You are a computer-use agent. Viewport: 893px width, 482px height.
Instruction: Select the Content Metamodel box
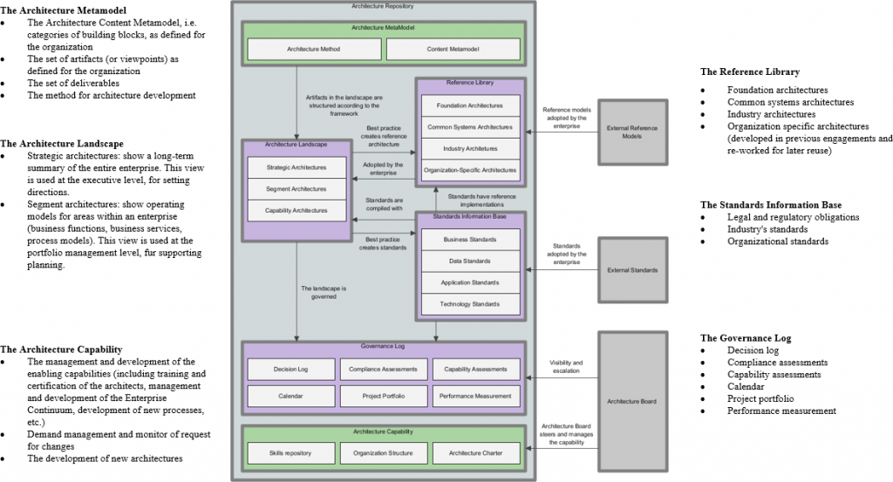(453, 49)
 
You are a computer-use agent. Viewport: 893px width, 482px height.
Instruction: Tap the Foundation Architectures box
(471, 105)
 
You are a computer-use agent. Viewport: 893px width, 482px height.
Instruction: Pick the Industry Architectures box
(471, 148)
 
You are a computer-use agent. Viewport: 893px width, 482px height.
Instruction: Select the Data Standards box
(471, 261)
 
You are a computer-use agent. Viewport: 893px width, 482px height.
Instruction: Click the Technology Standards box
(471, 304)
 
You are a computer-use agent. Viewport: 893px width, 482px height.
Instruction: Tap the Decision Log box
(290, 369)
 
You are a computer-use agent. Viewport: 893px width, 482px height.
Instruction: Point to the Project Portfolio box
(384, 396)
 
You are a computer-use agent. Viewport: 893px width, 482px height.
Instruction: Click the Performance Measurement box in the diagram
(476, 396)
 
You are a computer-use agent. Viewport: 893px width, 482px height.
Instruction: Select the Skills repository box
(290, 453)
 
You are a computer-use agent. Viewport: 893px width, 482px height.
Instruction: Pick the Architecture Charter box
(476, 453)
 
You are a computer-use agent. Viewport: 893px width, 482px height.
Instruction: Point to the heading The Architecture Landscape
(62, 143)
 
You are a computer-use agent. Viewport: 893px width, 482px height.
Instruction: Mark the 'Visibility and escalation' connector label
(566, 366)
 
